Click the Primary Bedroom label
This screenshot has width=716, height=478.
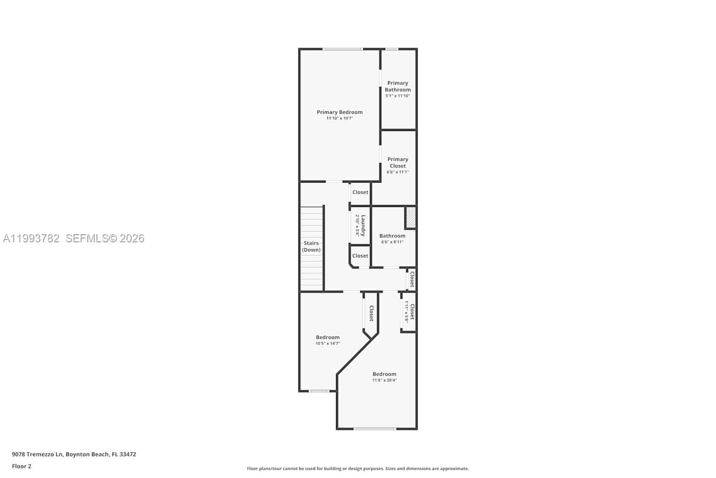pos(339,112)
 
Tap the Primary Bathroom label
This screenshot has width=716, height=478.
pos(398,87)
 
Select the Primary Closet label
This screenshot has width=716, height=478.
pos(398,163)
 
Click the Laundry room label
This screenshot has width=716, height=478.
pos(363,225)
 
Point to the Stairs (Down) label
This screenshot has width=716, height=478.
pos(311,246)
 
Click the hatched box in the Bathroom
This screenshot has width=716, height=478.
pos(411,217)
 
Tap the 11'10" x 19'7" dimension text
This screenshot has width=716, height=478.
pos(339,119)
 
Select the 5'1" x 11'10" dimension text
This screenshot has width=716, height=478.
pos(398,96)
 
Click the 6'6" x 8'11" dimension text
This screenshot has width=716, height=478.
pos(392,242)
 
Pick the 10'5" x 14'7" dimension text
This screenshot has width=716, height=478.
pos(327,344)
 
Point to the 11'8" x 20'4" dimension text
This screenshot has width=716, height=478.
pos(384,380)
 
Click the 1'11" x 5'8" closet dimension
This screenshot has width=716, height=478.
pos(406,312)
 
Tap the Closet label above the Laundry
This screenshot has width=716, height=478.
pos(360,192)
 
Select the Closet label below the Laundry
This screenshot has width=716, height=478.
pos(360,256)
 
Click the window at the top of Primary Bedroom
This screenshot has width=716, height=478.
pos(342,49)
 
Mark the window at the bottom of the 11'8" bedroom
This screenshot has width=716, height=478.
pos(375,429)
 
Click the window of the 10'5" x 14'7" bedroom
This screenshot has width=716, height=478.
pos(318,391)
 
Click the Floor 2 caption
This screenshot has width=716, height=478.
pos(21,467)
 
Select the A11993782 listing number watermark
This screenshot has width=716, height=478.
pos(31,239)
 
